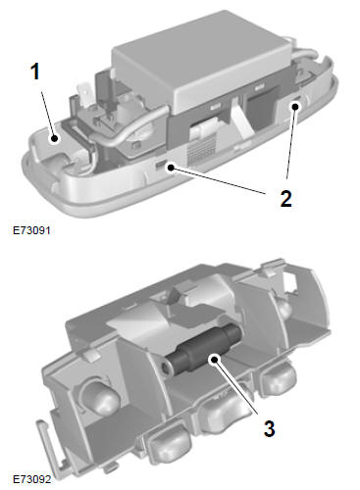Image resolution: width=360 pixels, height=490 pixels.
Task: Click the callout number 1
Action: [35, 72]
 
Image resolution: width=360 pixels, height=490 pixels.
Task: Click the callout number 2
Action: [285, 198]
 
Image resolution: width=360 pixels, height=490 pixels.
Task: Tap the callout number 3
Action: [269, 428]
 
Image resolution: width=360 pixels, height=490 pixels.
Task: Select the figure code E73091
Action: [31, 230]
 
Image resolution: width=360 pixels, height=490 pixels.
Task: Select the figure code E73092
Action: [31, 479]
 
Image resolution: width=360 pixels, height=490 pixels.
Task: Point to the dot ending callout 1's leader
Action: [55, 138]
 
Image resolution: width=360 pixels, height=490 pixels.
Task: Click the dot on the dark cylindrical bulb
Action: [214, 360]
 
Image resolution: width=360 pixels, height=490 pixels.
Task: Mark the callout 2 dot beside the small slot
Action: [171, 168]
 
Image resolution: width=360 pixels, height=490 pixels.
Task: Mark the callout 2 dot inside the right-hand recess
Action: [295, 107]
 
